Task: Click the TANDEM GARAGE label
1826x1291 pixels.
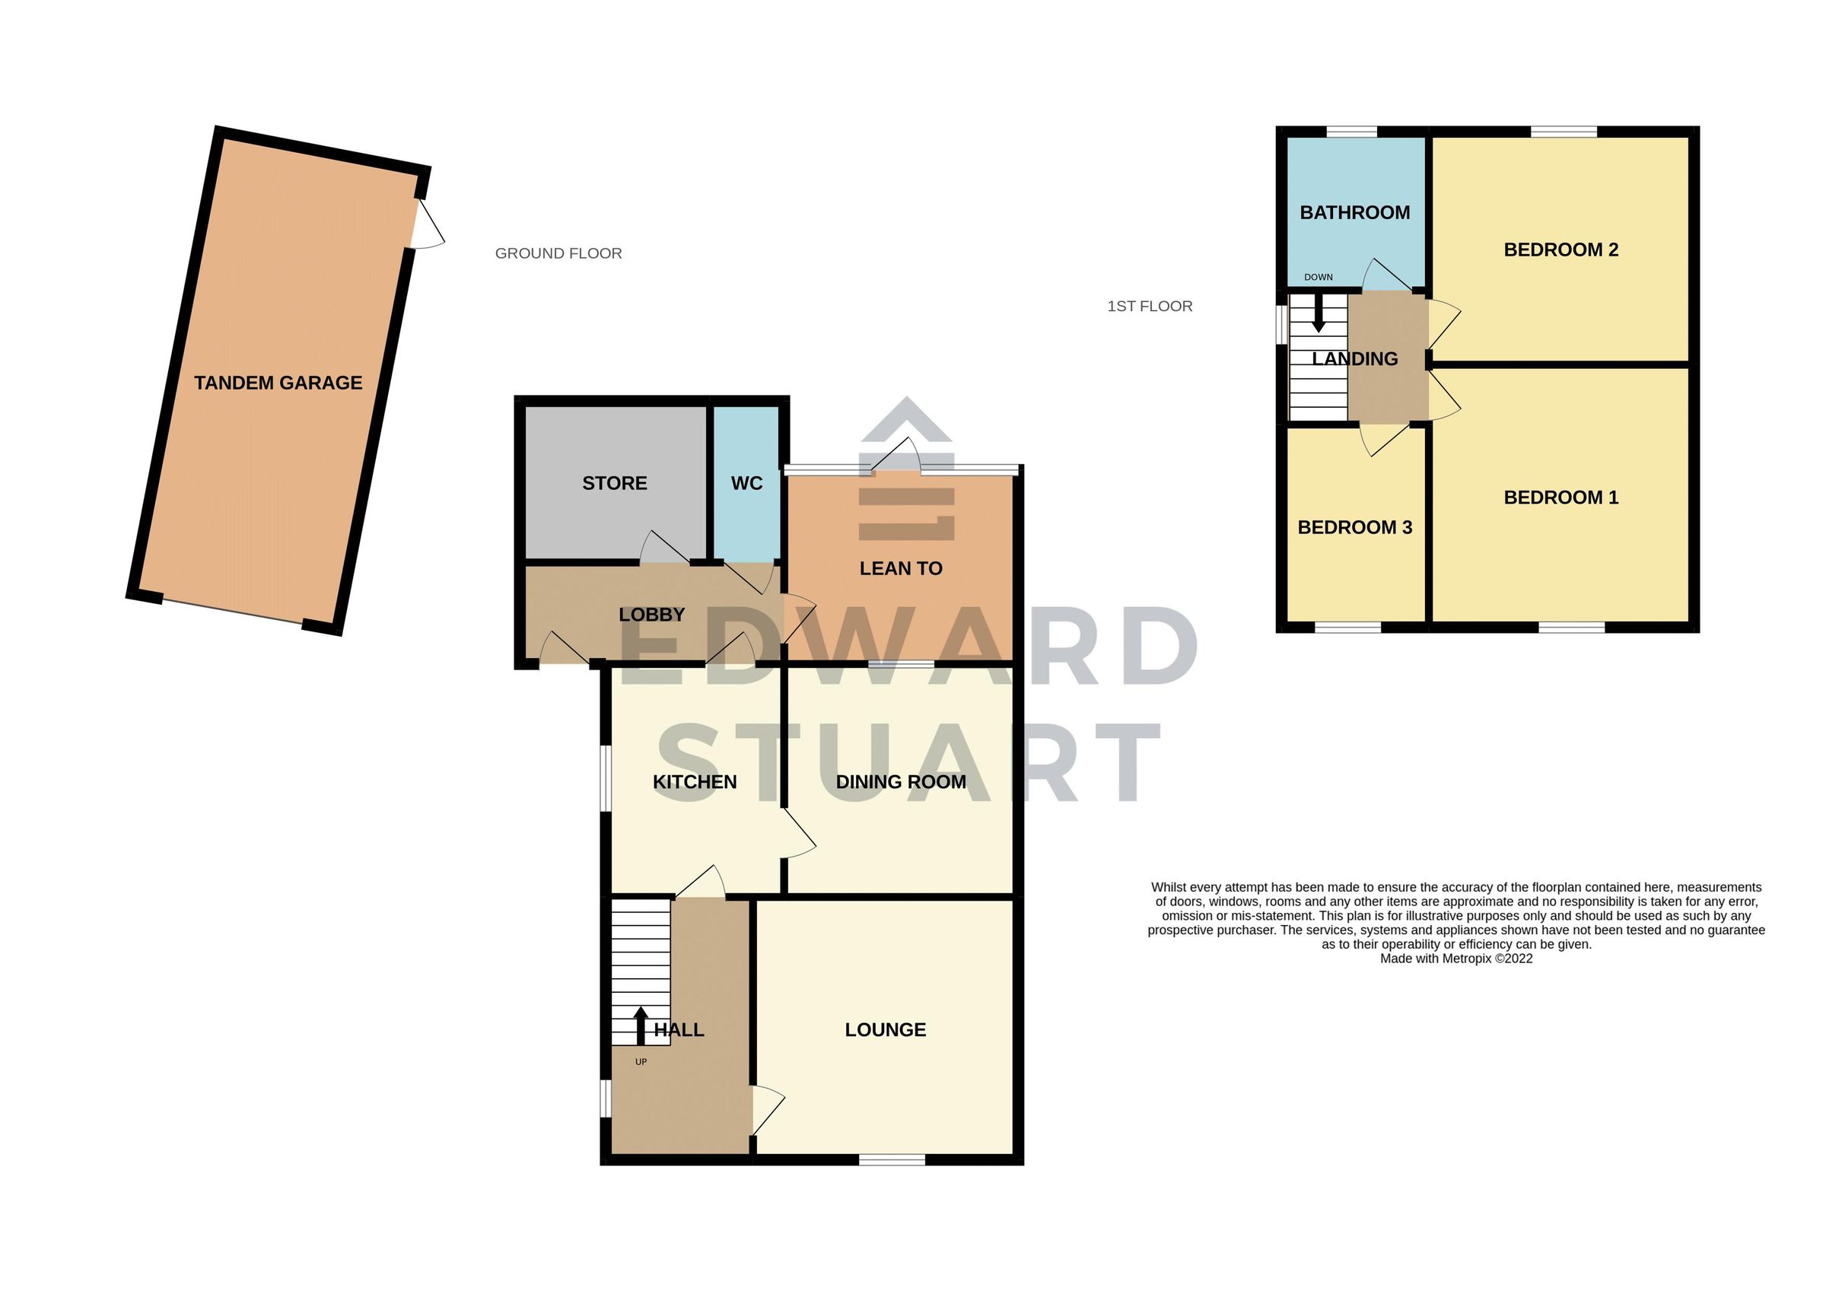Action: coord(278,383)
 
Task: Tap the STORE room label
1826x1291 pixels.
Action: coord(614,484)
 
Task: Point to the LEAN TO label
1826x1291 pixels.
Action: coord(900,569)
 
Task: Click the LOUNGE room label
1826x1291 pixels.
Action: coord(885,1030)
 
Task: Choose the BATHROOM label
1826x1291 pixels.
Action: coord(1354,212)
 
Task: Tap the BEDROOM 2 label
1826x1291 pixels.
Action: coord(1560,250)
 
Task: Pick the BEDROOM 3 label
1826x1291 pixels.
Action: coord(1354,527)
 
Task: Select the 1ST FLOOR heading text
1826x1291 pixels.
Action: coord(1149,307)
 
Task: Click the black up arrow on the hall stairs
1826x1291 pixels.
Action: coord(640,1025)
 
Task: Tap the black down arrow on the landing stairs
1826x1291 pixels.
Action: coord(1318,313)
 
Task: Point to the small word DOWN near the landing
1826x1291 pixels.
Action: coord(1318,278)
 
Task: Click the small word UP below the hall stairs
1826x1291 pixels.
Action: coord(641,1062)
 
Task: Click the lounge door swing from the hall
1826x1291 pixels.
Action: coord(767,1109)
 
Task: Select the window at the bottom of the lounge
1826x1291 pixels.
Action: coord(892,1161)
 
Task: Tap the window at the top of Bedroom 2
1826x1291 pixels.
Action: coord(1564,132)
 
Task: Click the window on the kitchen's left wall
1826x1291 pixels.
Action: coord(604,778)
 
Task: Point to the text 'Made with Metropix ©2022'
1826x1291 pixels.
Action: coord(1455,959)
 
